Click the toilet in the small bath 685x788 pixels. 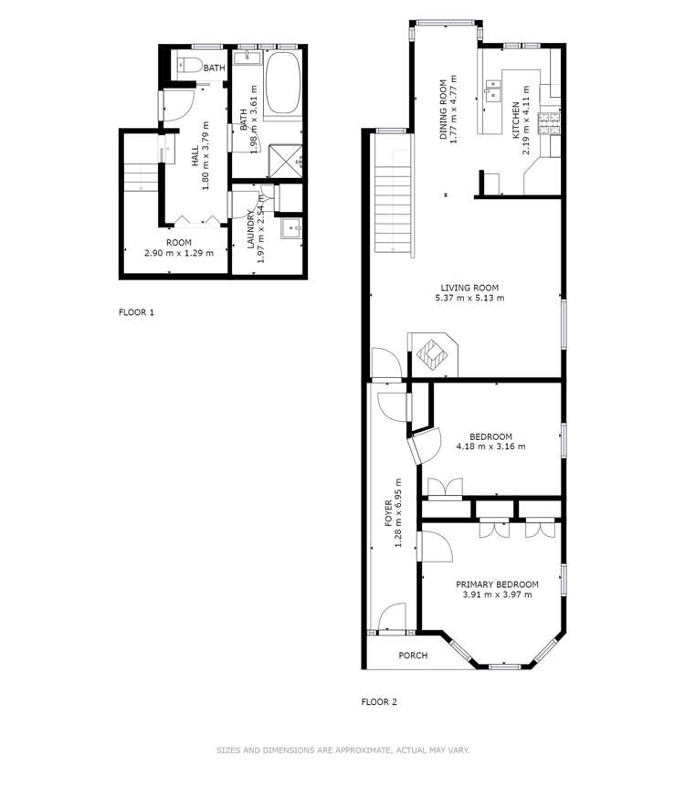point(188,64)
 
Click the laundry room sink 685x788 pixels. point(290,228)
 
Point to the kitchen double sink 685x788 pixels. point(492,89)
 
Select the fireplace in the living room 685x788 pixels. point(433,352)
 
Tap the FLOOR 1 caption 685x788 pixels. point(137,312)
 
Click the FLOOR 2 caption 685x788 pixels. point(379,702)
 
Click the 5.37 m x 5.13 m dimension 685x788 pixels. point(469,298)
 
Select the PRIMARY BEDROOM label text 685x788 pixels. point(497,584)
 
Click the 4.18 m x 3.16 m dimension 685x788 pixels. point(490,447)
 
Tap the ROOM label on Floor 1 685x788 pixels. point(178,243)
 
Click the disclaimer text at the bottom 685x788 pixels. point(342,751)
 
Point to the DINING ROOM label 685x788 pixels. point(444,108)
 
